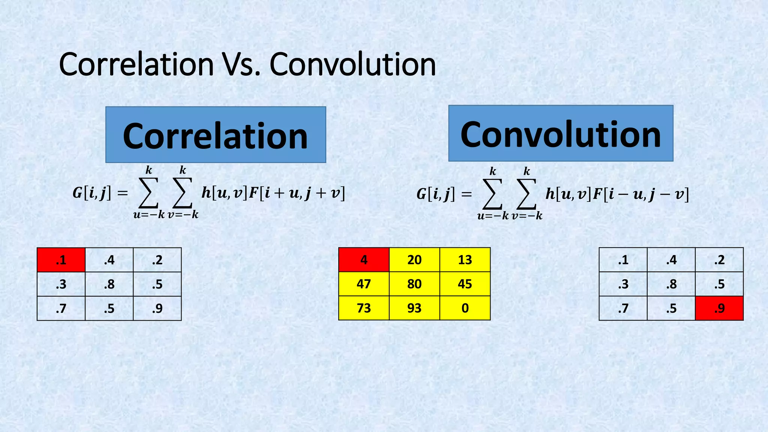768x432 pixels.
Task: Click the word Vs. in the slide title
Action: coord(241,64)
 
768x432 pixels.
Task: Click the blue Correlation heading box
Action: coord(216,135)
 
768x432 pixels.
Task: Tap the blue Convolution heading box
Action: coord(561,133)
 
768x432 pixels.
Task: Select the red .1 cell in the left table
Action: coord(61,260)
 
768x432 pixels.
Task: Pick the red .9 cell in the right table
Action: coord(719,308)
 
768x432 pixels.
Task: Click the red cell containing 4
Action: coord(364,260)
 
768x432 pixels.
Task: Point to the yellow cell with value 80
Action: coord(414,284)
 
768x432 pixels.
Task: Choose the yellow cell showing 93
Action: coord(414,308)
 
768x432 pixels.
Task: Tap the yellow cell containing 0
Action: coord(465,308)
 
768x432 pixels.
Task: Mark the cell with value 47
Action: coord(364,284)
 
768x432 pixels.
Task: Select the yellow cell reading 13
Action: coord(465,260)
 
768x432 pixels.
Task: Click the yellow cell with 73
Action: coord(364,308)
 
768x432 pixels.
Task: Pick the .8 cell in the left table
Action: coord(109,284)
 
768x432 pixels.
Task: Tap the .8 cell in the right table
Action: coord(671,284)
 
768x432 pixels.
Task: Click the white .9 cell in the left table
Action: coord(157,308)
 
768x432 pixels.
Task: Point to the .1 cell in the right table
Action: coord(623,260)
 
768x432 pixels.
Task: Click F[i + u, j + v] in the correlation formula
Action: coord(297,193)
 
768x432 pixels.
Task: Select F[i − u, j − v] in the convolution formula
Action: coord(641,194)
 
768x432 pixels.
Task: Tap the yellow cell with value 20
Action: coord(414,260)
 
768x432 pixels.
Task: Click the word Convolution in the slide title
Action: coord(352,64)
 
